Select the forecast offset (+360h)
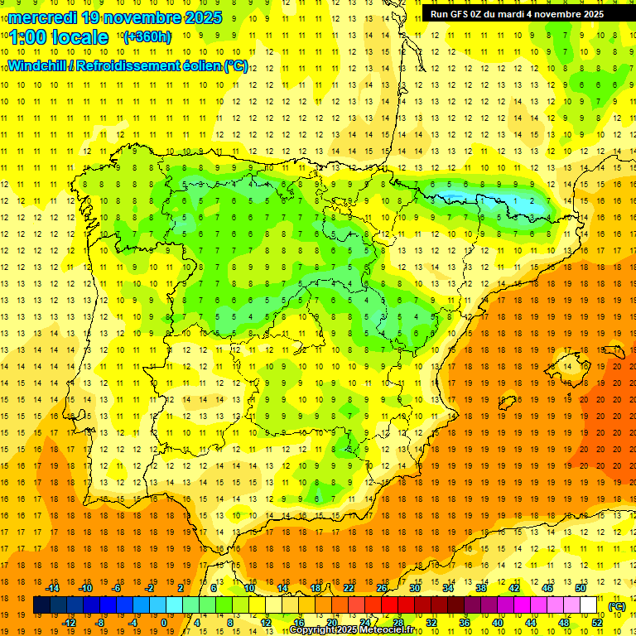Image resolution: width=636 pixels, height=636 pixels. click(147, 37)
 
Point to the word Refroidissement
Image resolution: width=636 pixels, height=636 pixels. click(124, 65)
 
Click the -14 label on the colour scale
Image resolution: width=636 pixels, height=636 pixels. click(53, 588)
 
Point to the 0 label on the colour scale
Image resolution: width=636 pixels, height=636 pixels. click(163, 623)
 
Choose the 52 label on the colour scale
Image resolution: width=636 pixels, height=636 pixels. click(597, 623)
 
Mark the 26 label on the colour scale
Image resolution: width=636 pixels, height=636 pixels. click(382, 588)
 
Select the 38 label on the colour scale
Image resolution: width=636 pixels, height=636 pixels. click(480, 588)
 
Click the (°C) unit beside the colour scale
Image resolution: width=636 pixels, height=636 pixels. click(616, 606)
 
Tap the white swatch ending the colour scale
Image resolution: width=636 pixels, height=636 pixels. click(589, 605)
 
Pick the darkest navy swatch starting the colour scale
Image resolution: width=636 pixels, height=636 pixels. click(41, 605)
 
